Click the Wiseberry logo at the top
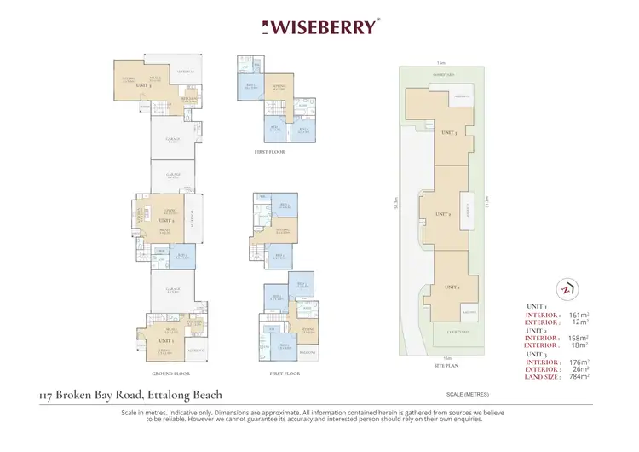point(319,26)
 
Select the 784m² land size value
point(579,376)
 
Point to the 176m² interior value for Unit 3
point(579,362)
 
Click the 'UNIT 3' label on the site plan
point(450,133)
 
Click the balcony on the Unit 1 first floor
point(307,352)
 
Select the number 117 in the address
point(49,395)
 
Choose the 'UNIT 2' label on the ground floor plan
point(165,220)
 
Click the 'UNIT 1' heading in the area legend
point(537,306)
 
